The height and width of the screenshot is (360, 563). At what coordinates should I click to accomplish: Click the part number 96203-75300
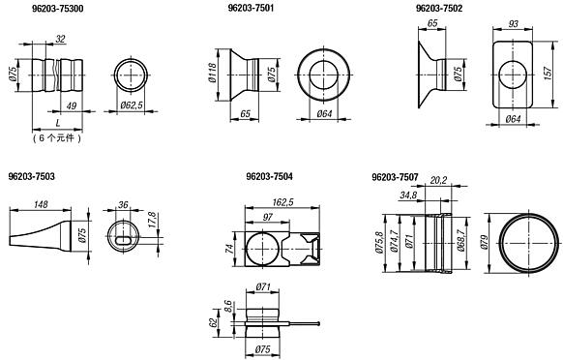[x=57, y=9]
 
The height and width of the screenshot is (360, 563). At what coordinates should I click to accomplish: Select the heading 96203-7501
[x=251, y=8]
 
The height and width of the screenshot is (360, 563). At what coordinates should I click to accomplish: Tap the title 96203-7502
[x=439, y=8]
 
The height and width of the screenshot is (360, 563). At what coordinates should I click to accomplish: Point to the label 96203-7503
[x=32, y=176]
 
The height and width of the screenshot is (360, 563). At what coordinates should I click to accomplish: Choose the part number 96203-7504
[x=269, y=176]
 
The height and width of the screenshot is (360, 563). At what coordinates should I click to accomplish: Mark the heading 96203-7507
[x=395, y=177]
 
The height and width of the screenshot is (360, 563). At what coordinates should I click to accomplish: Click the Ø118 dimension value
[x=212, y=73]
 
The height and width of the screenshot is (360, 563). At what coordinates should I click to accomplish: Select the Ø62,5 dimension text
[x=132, y=105]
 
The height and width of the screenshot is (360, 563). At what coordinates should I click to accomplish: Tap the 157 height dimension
[x=548, y=74]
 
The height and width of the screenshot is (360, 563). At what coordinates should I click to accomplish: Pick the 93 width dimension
[x=514, y=24]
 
